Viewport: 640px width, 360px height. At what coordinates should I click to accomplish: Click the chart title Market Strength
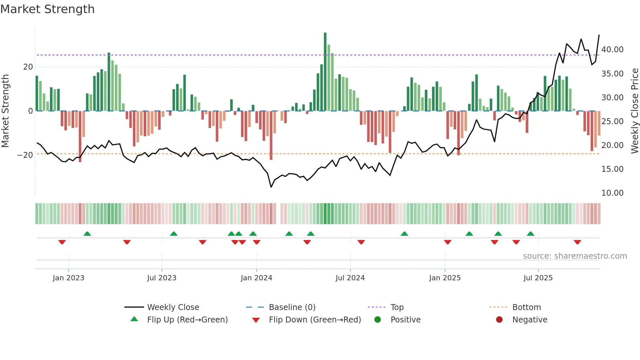pyautogui.click(x=47, y=9)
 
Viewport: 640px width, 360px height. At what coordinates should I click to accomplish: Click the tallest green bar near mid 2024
pyautogui.click(x=325, y=72)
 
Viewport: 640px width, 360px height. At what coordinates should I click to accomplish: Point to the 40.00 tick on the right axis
pyautogui.click(x=612, y=50)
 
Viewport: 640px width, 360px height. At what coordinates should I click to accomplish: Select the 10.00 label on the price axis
pyautogui.click(x=612, y=193)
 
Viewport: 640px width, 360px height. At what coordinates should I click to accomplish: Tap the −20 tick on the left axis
pyautogui.click(x=25, y=155)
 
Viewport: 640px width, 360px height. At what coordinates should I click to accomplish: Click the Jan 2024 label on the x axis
pyautogui.click(x=256, y=278)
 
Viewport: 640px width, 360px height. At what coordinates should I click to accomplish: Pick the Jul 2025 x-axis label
pyautogui.click(x=538, y=278)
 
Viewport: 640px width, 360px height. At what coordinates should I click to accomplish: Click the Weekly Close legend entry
pyautogui.click(x=173, y=307)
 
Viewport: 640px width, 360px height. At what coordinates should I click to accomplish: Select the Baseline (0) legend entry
pyautogui.click(x=292, y=307)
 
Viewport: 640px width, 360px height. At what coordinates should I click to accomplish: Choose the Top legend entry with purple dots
pyautogui.click(x=397, y=307)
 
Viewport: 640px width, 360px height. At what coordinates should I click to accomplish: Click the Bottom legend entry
pyautogui.click(x=526, y=307)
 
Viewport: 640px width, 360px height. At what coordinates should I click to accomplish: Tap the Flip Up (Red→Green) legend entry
pyautogui.click(x=187, y=320)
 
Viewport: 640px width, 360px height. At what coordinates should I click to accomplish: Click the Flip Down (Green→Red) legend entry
pyautogui.click(x=315, y=320)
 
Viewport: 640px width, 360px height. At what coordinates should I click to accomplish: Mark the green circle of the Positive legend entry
pyautogui.click(x=377, y=320)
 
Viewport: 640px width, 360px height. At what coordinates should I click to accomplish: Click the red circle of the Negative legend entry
pyautogui.click(x=499, y=320)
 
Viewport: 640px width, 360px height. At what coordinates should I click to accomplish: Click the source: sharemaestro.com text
pyautogui.click(x=575, y=256)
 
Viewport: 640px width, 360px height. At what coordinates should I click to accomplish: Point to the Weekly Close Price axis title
pyautogui.click(x=634, y=111)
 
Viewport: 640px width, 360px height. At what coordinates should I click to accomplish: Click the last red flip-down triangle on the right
pyautogui.click(x=577, y=242)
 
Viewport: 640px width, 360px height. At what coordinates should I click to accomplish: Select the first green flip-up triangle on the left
pyautogui.click(x=87, y=234)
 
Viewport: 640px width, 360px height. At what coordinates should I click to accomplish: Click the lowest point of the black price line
pyautogui.click(x=271, y=187)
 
